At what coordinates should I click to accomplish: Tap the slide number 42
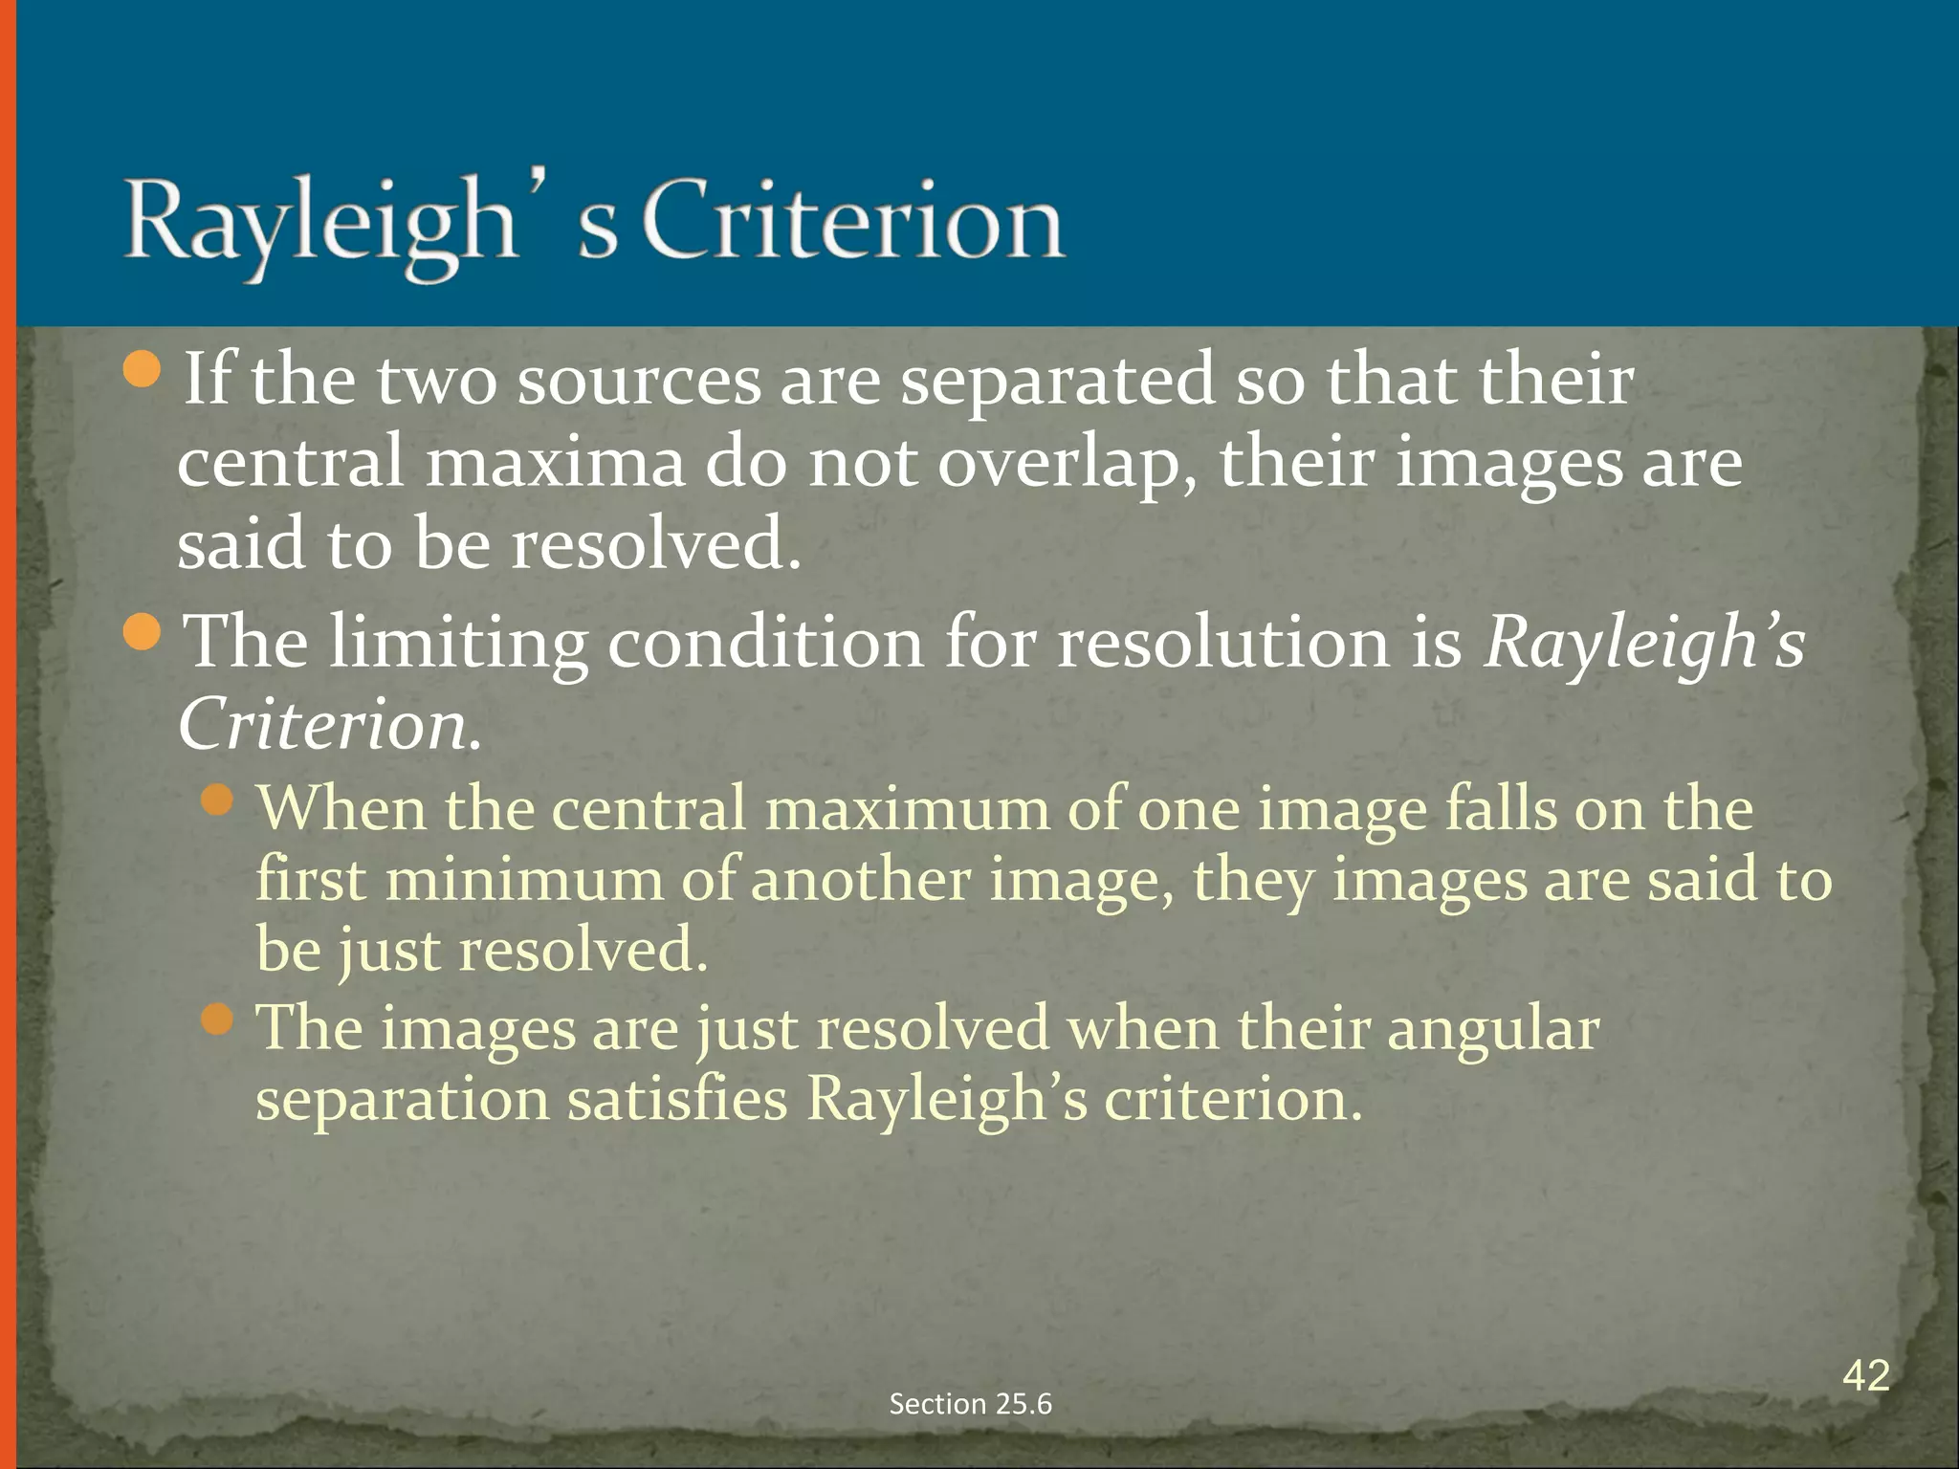pos(1865,1376)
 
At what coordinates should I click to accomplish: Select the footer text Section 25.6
pos(970,1404)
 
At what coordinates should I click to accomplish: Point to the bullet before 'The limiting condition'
pos(143,634)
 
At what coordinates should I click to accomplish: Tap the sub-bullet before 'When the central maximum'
pos(218,800)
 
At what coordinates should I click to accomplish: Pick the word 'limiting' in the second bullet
pos(457,643)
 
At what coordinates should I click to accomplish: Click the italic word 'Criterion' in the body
pos(323,725)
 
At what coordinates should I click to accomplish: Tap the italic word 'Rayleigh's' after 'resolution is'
pos(1643,643)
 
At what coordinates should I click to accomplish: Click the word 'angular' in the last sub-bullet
pos(1492,1031)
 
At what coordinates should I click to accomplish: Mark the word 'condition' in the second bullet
pos(765,643)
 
